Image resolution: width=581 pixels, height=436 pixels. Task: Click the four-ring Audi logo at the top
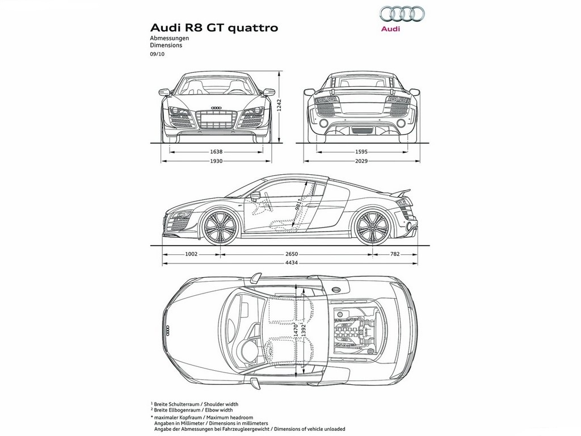[402, 14]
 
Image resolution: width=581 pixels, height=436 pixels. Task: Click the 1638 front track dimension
[216, 151]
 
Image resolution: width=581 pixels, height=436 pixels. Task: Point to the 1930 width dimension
[216, 161]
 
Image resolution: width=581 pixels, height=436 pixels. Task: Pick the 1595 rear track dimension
[361, 151]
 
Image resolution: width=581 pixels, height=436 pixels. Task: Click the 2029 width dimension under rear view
[361, 161]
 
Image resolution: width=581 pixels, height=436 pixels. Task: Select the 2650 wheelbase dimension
[292, 254]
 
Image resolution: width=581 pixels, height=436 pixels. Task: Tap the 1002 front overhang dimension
[191, 254]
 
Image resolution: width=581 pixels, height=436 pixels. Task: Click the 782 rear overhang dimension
[395, 254]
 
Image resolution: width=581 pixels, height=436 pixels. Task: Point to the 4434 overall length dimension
[292, 263]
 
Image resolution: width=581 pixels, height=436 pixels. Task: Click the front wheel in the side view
[220, 227]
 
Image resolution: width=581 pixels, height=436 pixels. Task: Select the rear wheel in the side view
[372, 227]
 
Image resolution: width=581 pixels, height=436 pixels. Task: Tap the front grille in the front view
[216, 119]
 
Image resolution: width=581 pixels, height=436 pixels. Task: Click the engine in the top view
[355, 330]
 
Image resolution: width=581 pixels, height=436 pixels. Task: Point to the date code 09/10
[157, 54]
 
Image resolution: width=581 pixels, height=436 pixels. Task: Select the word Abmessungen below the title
[169, 38]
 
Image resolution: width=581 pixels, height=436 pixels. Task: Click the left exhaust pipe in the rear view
[323, 123]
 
